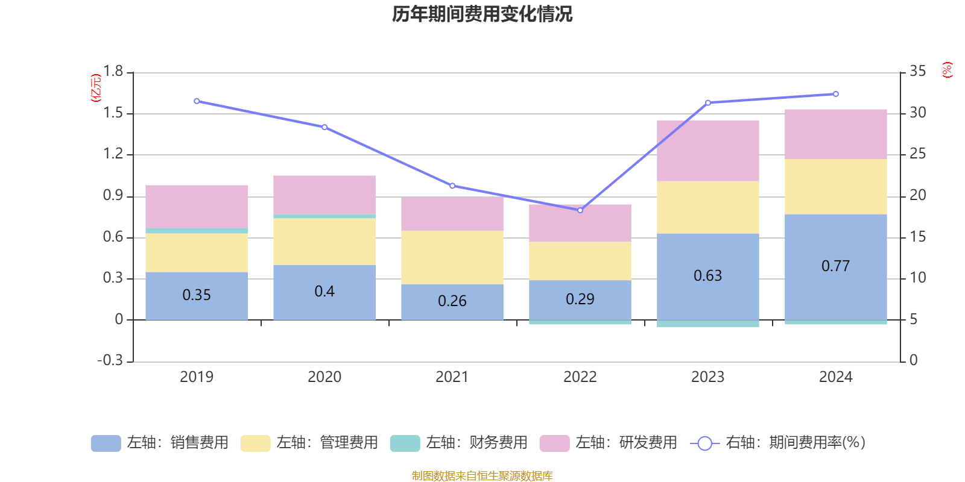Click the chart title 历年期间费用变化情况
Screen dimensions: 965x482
click(482, 14)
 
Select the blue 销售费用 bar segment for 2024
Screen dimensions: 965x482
click(836, 268)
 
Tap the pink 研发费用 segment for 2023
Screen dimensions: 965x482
click(708, 151)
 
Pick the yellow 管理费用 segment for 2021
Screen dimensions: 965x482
click(452, 257)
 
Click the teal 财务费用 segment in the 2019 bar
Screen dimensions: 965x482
click(197, 231)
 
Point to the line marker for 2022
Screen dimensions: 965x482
click(580, 210)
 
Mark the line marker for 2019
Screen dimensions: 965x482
click(197, 101)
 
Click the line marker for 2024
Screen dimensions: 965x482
click(836, 94)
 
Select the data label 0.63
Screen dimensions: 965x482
click(708, 275)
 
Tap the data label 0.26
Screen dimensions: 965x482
click(452, 301)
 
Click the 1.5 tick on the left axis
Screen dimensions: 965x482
click(113, 113)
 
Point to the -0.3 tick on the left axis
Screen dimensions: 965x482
click(110, 360)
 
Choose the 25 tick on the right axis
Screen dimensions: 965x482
click(917, 154)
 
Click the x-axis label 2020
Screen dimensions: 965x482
click(324, 377)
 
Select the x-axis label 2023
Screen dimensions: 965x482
click(708, 377)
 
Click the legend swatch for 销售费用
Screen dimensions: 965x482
click(106, 443)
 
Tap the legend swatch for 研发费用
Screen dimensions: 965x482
click(554, 443)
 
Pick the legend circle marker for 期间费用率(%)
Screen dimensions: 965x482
click(705, 443)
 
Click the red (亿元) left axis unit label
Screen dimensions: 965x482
click(96, 88)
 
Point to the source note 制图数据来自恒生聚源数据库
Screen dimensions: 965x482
click(482, 475)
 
